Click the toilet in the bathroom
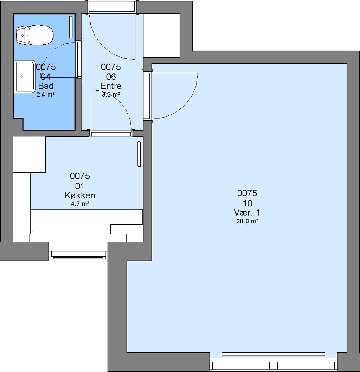(34, 35)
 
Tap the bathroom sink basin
(25, 76)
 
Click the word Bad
(46, 86)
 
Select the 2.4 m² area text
(46, 95)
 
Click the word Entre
(111, 86)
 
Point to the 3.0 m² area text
(111, 95)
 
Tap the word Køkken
(80, 195)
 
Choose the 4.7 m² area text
(80, 204)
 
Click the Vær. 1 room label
(247, 212)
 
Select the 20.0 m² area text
(247, 221)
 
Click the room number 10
(247, 203)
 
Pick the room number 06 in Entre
(111, 77)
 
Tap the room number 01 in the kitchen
(80, 186)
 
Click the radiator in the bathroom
(71, 27)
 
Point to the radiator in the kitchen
(139, 154)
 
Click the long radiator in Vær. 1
(274, 354)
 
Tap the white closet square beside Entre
(161, 36)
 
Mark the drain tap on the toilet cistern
(22, 36)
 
